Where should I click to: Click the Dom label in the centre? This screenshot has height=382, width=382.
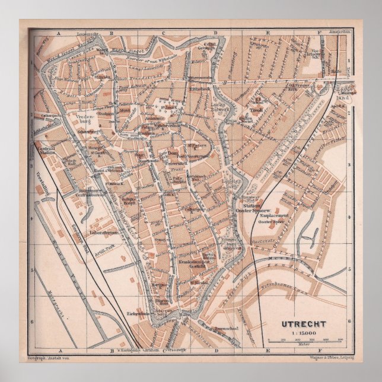[x=173, y=154]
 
